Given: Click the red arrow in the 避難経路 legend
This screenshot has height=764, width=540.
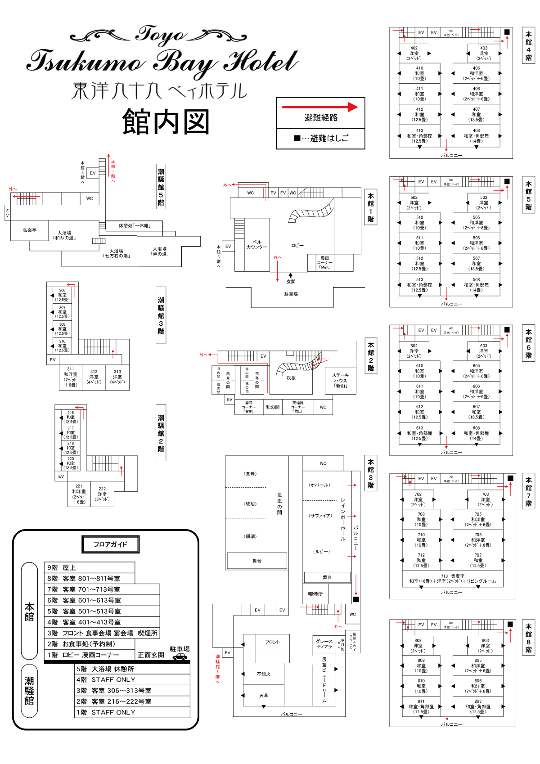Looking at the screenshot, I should coord(320,107).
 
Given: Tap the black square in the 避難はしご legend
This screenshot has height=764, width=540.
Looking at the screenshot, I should coord(297,138).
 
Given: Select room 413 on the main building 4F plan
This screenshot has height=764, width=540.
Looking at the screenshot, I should coord(419,136).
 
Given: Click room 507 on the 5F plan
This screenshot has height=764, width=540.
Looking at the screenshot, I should coord(476,264).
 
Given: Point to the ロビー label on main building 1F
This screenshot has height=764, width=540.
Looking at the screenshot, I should coord(297,246).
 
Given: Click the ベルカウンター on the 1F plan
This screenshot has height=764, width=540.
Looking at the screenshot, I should coord(256,245).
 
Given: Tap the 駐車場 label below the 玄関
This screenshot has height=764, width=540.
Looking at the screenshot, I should coord(291,294).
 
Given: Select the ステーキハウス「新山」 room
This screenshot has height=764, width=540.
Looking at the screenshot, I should coord(341,380).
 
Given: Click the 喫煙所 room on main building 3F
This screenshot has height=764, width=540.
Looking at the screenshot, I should coord(315,594).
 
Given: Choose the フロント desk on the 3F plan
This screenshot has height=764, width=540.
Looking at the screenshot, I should coord(272,642).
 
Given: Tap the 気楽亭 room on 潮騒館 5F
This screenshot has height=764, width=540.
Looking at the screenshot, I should coord(30,230).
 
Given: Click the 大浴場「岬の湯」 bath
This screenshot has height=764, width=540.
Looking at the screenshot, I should coord(159,251).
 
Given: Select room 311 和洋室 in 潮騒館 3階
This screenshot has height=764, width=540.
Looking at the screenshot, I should coord(71,377).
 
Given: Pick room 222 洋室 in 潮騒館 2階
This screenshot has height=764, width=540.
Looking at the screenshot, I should coord(102,494).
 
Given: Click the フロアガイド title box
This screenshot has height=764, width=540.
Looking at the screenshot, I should coord(111,544).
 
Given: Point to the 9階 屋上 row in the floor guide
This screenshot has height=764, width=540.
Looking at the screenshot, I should coord(89,568).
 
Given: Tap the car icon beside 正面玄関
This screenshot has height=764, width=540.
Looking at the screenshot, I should coord(180,657).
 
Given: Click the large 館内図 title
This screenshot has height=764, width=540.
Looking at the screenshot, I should coord(166,122).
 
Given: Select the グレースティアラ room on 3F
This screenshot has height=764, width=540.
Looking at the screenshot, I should coord(324,644).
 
